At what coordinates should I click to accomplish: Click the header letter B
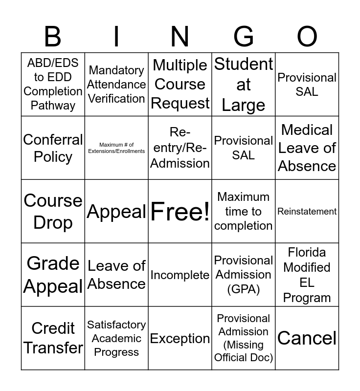[x=53, y=37]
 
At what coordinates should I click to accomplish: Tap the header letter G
[x=244, y=37]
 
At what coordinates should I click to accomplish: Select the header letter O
[x=307, y=37]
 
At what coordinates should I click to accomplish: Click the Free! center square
[x=180, y=212]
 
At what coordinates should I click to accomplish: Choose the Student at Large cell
[x=244, y=85]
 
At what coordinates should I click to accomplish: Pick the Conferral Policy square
[x=53, y=148]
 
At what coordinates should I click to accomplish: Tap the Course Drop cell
[x=53, y=212]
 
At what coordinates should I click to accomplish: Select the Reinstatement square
[x=307, y=212]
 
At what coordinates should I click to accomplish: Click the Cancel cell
[x=307, y=338]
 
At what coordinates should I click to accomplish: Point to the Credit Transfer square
[x=53, y=338]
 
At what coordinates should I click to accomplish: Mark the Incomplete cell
[x=180, y=275]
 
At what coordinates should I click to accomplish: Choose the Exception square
[x=180, y=338]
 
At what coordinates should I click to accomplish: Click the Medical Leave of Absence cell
[x=307, y=148]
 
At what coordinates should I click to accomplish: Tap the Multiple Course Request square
[x=180, y=85]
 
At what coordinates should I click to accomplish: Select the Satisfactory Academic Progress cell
[x=116, y=338]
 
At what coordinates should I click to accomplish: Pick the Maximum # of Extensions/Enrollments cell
[x=116, y=148]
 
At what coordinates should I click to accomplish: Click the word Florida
[x=307, y=253]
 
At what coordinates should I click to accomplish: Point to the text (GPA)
[x=244, y=289]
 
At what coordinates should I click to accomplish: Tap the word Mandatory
[x=116, y=70]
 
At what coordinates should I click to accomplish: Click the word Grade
[x=53, y=263]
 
